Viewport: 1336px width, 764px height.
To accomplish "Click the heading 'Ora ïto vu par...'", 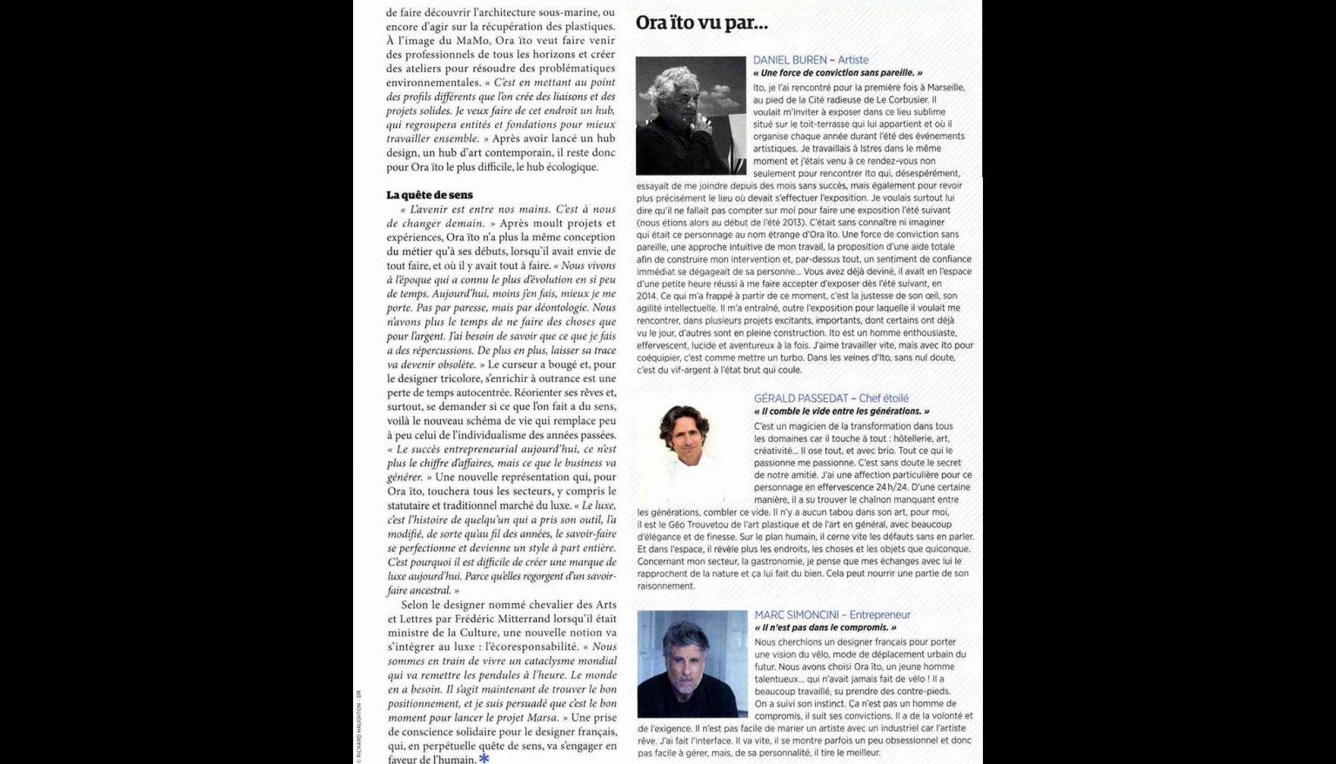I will coord(701,23).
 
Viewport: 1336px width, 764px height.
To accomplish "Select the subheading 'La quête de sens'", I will coord(430,195).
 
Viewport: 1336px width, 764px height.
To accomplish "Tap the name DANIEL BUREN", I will coord(790,60).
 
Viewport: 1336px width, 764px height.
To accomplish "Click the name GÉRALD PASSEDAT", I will coord(801,399).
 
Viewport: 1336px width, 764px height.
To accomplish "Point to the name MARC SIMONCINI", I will coord(798,615).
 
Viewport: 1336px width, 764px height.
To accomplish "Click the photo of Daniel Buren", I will coord(691,116).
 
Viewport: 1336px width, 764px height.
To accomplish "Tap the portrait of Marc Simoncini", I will coord(692,664).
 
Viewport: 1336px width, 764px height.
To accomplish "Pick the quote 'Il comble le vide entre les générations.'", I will coord(842,412).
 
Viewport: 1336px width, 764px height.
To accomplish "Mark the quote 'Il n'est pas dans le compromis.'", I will coord(825,627).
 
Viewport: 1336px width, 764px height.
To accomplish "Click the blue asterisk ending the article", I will coord(484,759).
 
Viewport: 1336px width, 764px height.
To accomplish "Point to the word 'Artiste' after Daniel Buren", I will coord(853,60).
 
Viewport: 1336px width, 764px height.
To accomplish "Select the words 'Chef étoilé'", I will coord(884,399).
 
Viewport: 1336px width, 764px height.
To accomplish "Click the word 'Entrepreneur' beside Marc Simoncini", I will coord(880,615).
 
